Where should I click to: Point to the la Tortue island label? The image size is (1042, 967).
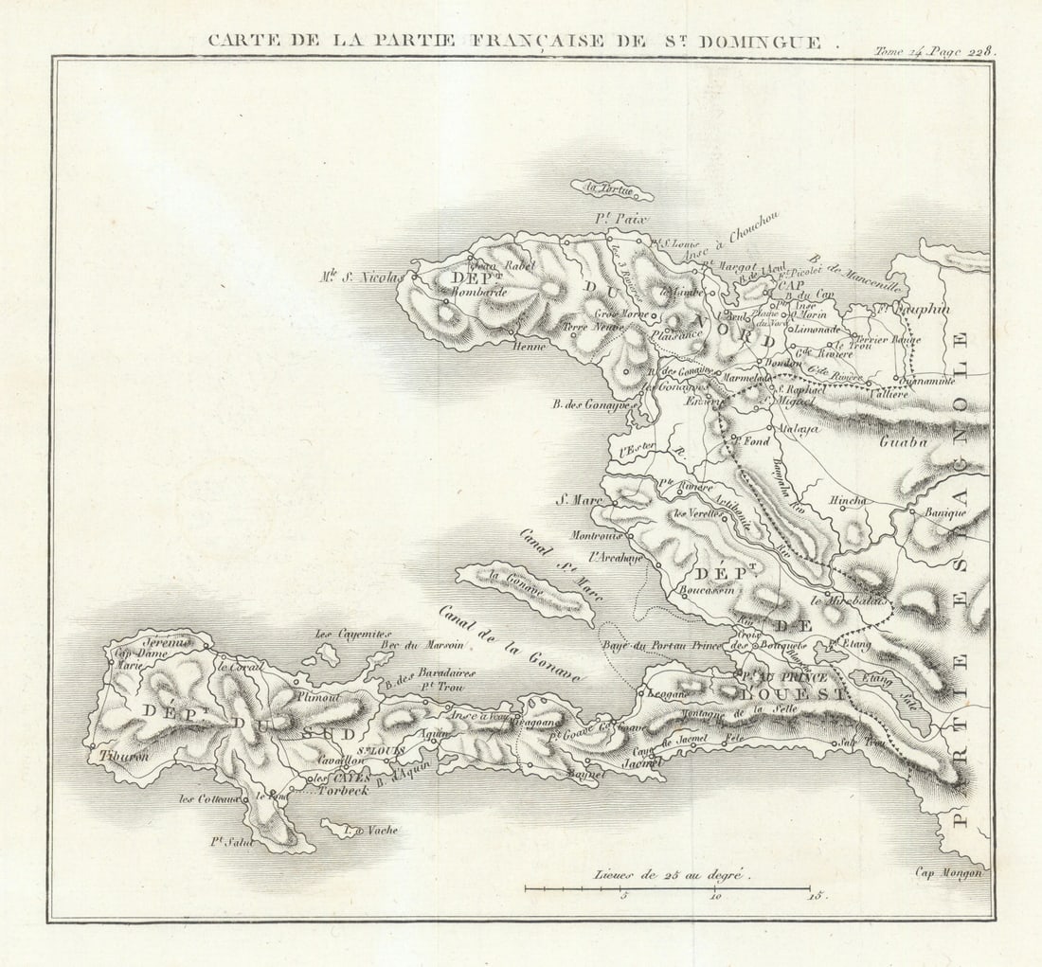610,188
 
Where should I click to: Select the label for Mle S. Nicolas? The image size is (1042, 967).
363,278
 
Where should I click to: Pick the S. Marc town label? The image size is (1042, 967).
573,499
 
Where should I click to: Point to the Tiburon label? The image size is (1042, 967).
118,756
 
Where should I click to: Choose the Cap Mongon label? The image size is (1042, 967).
948,873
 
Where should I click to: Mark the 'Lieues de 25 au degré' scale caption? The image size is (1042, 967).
672,875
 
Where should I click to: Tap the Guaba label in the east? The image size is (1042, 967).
903,441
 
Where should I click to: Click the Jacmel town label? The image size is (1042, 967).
640,761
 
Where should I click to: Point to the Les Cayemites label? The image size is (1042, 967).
350,635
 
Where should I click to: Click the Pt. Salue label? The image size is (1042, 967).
232,841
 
